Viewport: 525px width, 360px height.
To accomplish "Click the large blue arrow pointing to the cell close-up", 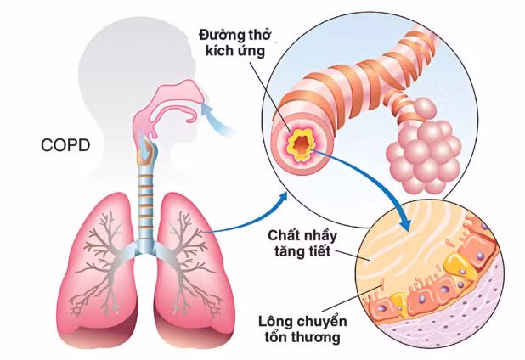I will [374, 183].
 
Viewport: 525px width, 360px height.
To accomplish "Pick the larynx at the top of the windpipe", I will [147, 153].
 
